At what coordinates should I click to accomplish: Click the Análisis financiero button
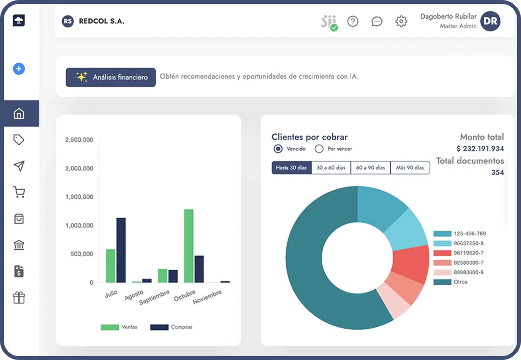tap(110, 77)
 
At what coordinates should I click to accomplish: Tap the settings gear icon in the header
tap(401, 21)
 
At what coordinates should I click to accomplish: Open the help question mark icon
tap(353, 21)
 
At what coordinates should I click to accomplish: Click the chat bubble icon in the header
tap(377, 21)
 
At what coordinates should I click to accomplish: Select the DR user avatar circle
tap(490, 21)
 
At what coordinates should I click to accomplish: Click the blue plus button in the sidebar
tap(19, 69)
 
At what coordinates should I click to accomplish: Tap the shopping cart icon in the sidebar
tap(19, 193)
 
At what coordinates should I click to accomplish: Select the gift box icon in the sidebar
tap(19, 298)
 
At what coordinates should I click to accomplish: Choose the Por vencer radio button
tap(319, 149)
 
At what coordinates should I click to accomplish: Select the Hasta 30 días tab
tap(291, 167)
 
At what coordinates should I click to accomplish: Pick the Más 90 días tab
tap(410, 167)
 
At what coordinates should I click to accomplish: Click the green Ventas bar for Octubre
tap(189, 246)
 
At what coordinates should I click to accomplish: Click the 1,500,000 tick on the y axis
tap(79, 197)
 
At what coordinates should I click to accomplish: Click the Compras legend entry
tap(171, 327)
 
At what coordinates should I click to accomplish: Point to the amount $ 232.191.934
tap(480, 149)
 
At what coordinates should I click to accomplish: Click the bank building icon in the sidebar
tap(19, 245)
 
